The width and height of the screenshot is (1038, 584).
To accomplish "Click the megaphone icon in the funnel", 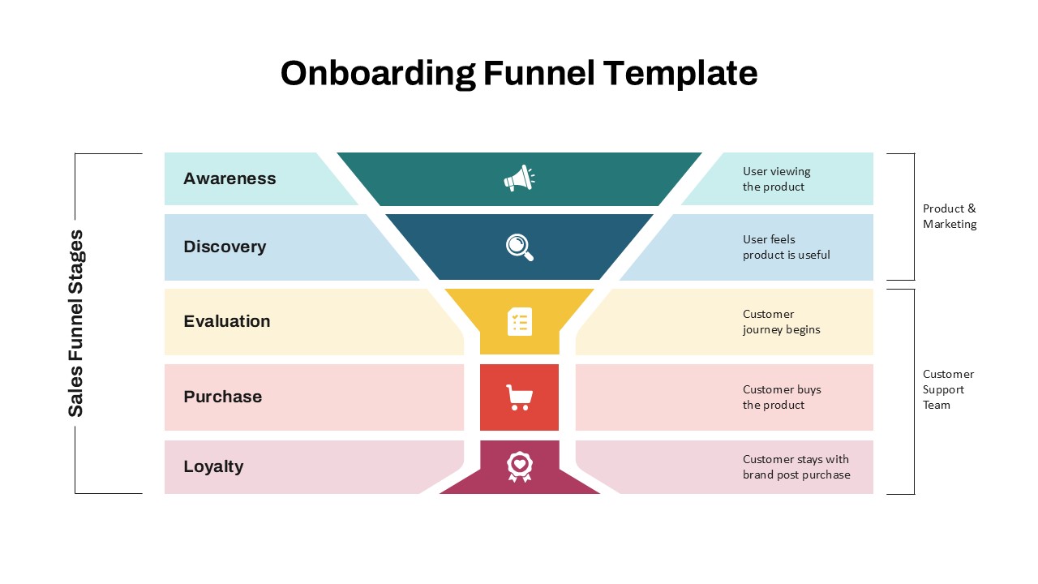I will pos(519,178).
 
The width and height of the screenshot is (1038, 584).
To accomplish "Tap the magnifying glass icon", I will pos(520,247).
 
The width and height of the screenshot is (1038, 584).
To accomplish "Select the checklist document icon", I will pos(520,321).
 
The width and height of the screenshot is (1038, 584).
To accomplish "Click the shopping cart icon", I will pos(520,397).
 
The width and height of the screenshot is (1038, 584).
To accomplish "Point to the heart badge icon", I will pos(520,466).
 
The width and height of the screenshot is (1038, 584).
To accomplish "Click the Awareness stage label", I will pos(229,178).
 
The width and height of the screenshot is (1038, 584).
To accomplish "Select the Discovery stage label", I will pos(225,247).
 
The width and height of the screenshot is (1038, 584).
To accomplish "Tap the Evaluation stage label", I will pos(227,321).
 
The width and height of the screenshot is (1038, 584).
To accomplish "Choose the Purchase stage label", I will pos(223,397).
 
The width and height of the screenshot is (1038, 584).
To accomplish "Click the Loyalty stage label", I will pos(213,466).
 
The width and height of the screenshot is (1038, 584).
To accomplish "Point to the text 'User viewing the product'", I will pos(776,179).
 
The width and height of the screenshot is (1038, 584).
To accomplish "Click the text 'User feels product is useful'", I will pos(786,247).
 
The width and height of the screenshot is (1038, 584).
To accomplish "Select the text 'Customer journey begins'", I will pos(781,322).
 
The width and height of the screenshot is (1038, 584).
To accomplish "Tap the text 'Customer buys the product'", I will pos(782,397).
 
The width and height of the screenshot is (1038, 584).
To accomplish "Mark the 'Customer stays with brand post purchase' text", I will pos(796,467).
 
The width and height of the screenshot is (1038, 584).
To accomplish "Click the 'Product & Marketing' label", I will pos(950,217).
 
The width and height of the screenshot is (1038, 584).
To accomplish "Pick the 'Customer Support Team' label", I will pos(948,389).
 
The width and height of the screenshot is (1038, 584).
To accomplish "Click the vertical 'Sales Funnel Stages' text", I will pos(75,324).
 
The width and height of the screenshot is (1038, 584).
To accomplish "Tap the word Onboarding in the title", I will pos(378,73).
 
